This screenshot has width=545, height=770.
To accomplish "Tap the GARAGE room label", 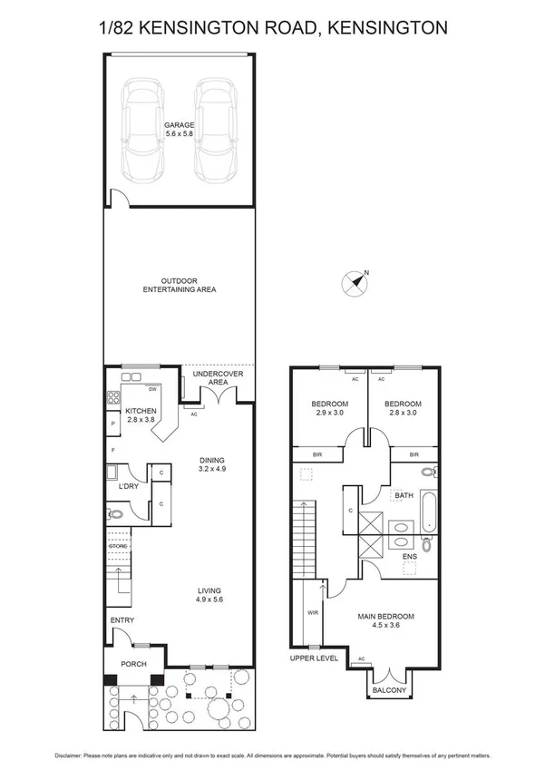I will click(180, 129).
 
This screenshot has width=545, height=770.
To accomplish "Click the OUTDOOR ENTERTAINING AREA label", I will click(179, 285).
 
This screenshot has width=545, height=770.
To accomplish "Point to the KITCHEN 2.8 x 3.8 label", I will click(141, 414).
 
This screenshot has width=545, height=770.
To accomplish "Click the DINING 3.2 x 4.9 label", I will click(211, 464).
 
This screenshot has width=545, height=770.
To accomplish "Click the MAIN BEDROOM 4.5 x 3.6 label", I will click(385, 620).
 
